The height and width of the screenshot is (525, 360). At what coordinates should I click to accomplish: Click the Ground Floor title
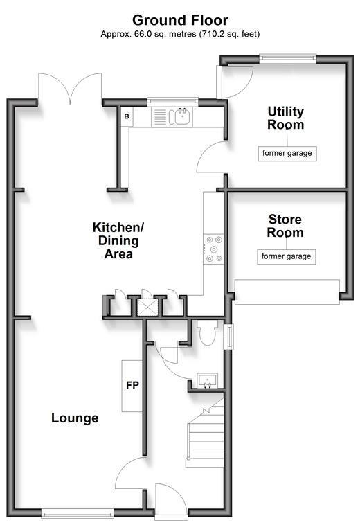coord(180,20)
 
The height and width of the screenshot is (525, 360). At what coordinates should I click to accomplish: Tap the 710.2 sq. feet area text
coord(229,34)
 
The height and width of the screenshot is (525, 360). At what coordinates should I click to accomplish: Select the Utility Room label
coord(286,118)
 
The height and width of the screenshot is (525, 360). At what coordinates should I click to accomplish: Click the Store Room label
coord(285,226)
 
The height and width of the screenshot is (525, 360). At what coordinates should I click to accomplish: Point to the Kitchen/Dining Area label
coord(118,240)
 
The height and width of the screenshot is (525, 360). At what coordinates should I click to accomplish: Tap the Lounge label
coord(75,418)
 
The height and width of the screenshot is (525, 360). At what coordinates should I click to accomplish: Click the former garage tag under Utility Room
coord(287,154)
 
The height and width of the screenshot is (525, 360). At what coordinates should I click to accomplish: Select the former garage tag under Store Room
coord(287,257)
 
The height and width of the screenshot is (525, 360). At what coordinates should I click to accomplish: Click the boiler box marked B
coord(127,116)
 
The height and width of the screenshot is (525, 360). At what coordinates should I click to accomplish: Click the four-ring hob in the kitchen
coord(213,249)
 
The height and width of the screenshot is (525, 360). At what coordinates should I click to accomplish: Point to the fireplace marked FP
coord(132,386)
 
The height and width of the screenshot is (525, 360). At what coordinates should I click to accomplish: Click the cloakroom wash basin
coord(208,381)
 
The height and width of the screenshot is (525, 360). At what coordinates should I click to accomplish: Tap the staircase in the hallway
coord(205,433)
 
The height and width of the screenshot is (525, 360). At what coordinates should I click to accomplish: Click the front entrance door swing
coord(171,498)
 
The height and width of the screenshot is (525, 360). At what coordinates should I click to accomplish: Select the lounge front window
coord(78,513)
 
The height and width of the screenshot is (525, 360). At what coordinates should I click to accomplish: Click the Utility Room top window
coord(288,59)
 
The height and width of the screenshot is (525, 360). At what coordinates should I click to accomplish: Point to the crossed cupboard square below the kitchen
coord(147,308)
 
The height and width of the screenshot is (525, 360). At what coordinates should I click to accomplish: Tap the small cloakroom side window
coord(229,337)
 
